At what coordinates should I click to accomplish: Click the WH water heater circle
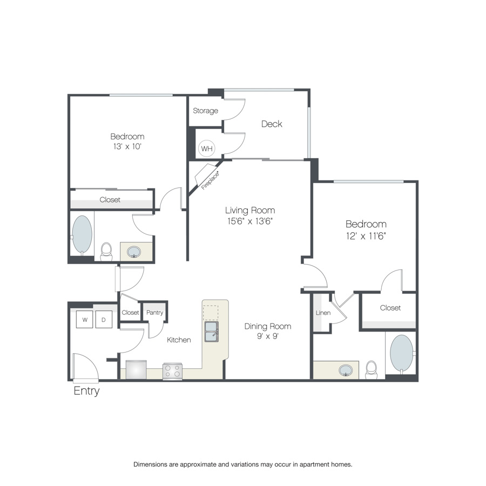(x=207, y=148)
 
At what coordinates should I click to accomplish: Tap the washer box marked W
(x=85, y=320)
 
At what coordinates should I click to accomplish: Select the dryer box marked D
(x=104, y=320)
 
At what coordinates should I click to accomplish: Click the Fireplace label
(x=210, y=180)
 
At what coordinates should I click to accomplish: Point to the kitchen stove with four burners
(x=172, y=370)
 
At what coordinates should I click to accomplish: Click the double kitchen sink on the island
(x=211, y=332)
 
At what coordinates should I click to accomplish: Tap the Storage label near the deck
(x=206, y=111)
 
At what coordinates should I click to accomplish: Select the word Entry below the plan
(x=86, y=391)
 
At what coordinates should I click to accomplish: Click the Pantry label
(x=154, y=313)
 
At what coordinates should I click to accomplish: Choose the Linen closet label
(x=323, y=313)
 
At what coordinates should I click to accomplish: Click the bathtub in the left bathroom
(x=82, y=235)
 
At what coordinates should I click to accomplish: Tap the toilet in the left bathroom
(x=106, y=252)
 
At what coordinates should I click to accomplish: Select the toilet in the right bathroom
(x=371, y=370)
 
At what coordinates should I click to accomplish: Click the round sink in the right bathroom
(x=346, y=370)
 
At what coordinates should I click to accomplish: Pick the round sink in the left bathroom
(x=134, y=252)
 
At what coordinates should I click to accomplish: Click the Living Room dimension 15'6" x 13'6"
(x=250, y=221)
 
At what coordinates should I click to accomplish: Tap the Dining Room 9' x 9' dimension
(x=268, y=336)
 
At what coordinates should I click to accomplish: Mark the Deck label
(x=272, y=124)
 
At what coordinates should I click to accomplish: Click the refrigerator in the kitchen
(x=136, y=369)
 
